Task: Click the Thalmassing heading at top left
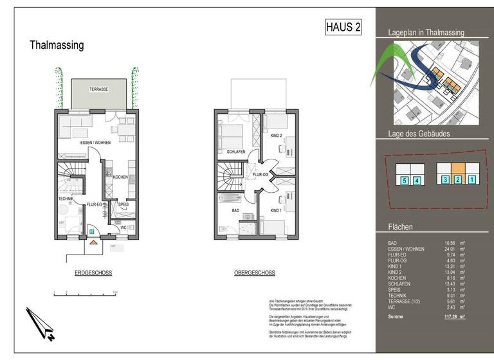[x=57, y=46]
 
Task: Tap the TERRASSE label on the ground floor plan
[x=98, y=89]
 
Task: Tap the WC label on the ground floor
[x=123, y=227]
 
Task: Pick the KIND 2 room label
[x=277, y=136]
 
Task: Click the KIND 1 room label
[x=277, y=210]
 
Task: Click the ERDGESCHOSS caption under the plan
[x=93, y=273]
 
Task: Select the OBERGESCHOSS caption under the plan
[x=255, y=273]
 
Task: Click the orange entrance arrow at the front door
[x=93, y=243]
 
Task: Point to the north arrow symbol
[x=40, y=321]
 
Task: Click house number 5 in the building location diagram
[x=403, y=181]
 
